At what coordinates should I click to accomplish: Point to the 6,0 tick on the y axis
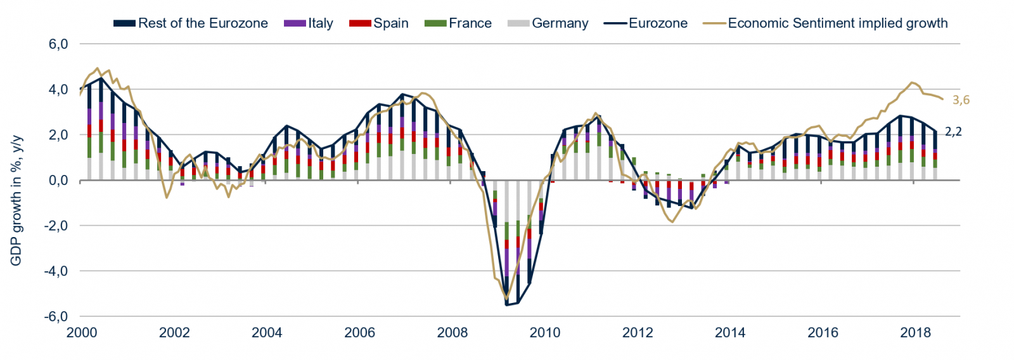(x=58, y=44)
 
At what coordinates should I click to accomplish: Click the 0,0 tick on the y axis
(x=58, y=181)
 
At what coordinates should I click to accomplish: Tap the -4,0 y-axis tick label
(x=56, y=271)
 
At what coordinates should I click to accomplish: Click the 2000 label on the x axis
(x=82, y=333)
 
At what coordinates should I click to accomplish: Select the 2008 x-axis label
(x=452, y=333)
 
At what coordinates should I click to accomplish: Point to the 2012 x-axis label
(x=638, y=333)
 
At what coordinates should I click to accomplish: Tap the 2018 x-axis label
(x=916, y=333)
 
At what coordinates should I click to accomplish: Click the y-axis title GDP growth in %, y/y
(x=16, y=200)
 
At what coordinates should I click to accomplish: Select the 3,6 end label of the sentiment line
(x=961, y=100)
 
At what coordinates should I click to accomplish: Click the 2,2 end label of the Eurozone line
(x=953, y=132)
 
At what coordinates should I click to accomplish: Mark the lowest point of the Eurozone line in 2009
(x=506, y=305)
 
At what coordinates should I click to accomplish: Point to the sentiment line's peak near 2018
(x=912, y=82)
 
